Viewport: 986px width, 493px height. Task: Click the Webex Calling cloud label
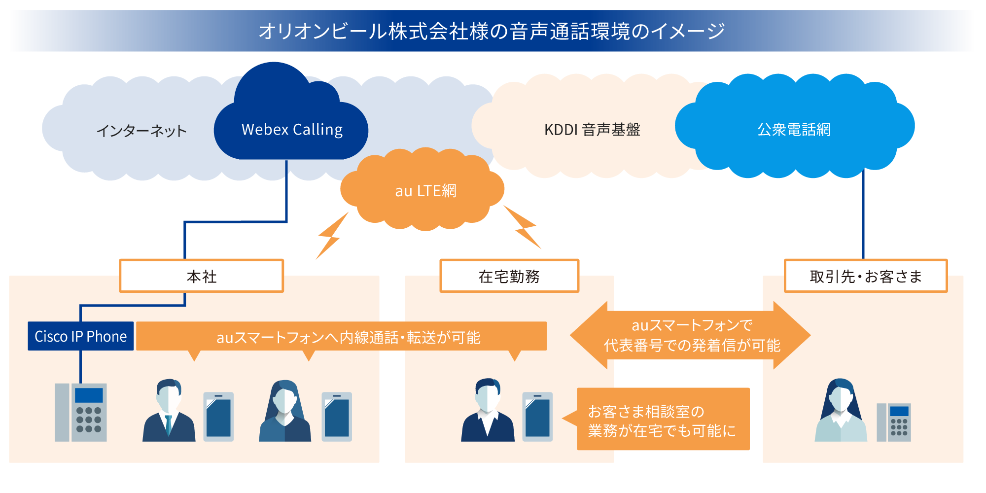(292, 130)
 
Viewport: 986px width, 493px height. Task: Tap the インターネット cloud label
(141, 131)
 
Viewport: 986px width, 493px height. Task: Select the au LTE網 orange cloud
(425, 190)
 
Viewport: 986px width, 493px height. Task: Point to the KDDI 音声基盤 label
(592, 130)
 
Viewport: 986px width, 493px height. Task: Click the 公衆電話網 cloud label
(794, 130)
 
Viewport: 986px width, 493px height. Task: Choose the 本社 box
(202, 276)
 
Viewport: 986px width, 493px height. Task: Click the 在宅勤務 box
(509, 276)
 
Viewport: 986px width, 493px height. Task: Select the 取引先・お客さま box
(866, 276)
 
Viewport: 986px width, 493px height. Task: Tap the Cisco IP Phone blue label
(81, 336)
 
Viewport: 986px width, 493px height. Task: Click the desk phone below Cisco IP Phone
(81, 412)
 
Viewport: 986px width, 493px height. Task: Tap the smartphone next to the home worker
(537, 416)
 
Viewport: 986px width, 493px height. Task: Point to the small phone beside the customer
(894, 423)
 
